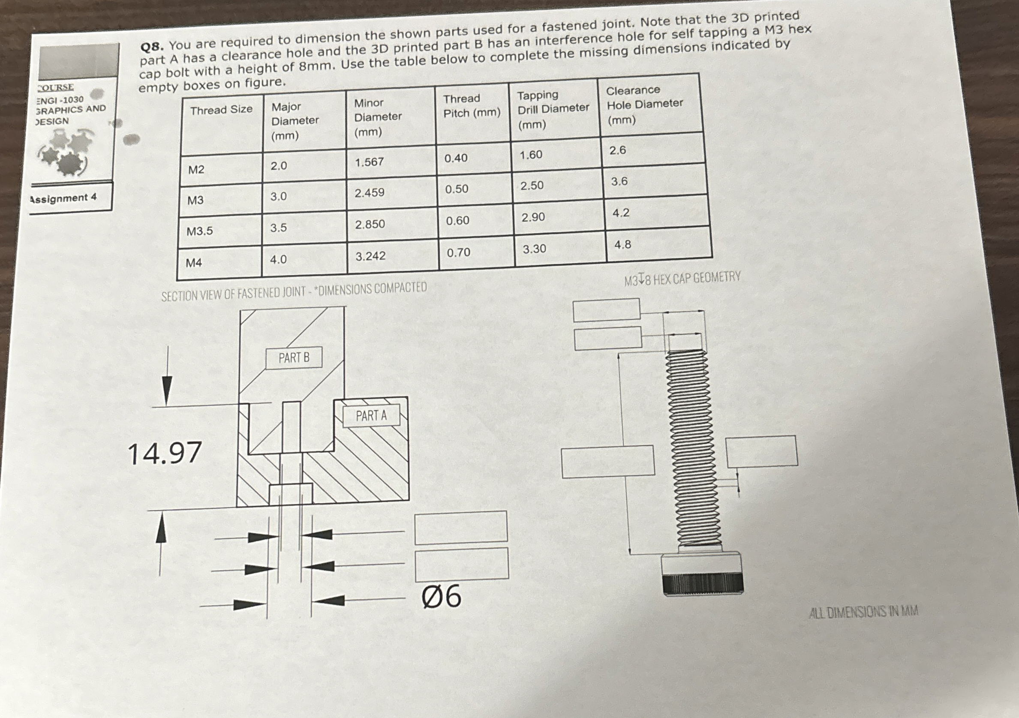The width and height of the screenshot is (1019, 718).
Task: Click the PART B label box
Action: click(x=294, y=358)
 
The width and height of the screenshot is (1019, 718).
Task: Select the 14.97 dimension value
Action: click(x=165, y=454)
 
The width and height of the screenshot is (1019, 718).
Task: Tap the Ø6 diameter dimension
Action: click(x=441, y=596)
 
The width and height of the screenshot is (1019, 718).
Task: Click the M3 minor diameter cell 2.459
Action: click(x=369, y=192)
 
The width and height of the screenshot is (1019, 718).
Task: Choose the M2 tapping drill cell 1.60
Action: click(x=531, y=155)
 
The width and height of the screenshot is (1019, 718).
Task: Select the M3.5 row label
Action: click(x=199, y=231)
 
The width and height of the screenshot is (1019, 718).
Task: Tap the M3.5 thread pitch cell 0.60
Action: click(x=457, y=221)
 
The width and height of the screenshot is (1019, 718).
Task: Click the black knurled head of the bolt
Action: click(x=703, y=584)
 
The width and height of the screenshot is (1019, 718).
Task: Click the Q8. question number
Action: click(x=153, y=46)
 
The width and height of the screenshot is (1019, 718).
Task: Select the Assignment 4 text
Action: click(x=63, y=198)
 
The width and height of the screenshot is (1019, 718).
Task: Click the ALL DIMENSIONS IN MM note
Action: click(x=863, y=612)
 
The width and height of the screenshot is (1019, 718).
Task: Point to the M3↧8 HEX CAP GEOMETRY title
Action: click(x=682, y=279)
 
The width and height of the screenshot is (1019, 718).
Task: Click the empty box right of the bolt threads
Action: click(x=762, y=451)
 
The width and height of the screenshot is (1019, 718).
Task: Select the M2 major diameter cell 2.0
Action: click(x=279, y=166)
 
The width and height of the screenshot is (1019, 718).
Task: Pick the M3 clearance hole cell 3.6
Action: click(x=619, y=181)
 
